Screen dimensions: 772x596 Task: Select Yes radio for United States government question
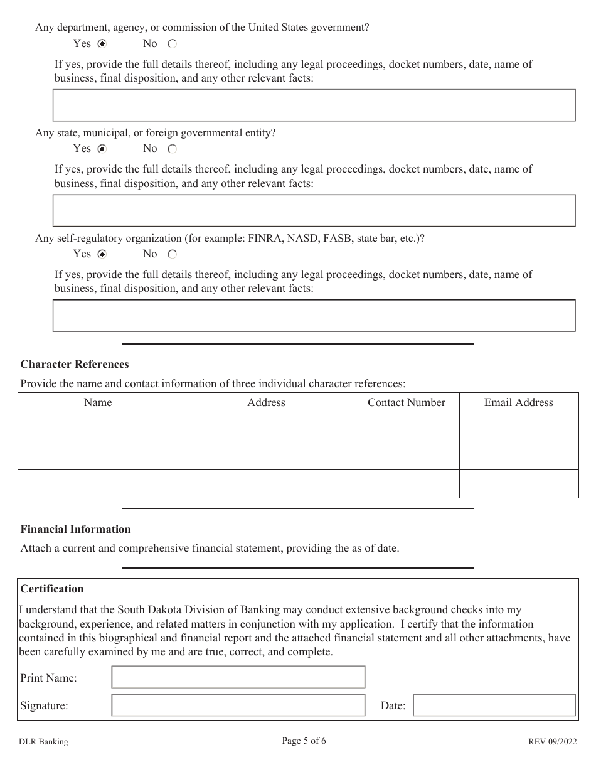point(102,44)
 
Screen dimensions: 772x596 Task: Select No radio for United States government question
point(173,44)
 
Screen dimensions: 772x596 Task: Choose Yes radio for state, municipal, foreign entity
point(102,149)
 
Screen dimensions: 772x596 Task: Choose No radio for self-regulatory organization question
point(173,254)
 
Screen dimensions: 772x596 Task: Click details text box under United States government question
point(314,105)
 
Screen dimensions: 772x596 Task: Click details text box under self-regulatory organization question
point(314,316)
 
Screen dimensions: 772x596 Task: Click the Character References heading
point(75,364)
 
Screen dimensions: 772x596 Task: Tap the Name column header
point(98,403)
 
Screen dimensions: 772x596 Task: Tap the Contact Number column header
point(407,403)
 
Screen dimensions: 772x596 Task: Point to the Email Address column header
point(519,403)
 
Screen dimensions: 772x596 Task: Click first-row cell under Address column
point(266,428)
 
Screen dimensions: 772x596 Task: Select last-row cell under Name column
point(98,484)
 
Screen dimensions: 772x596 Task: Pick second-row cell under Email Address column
point(519,456)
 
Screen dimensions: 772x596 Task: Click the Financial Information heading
point(76,529)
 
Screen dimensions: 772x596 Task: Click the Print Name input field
point(238,677)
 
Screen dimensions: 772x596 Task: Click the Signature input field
point(238,705)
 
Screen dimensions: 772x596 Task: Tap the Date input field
point(494,705)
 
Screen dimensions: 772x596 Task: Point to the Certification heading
point(52,589)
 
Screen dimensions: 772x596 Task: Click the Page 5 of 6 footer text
point(304,741)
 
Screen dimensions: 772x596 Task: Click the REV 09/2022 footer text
point(551,742)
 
